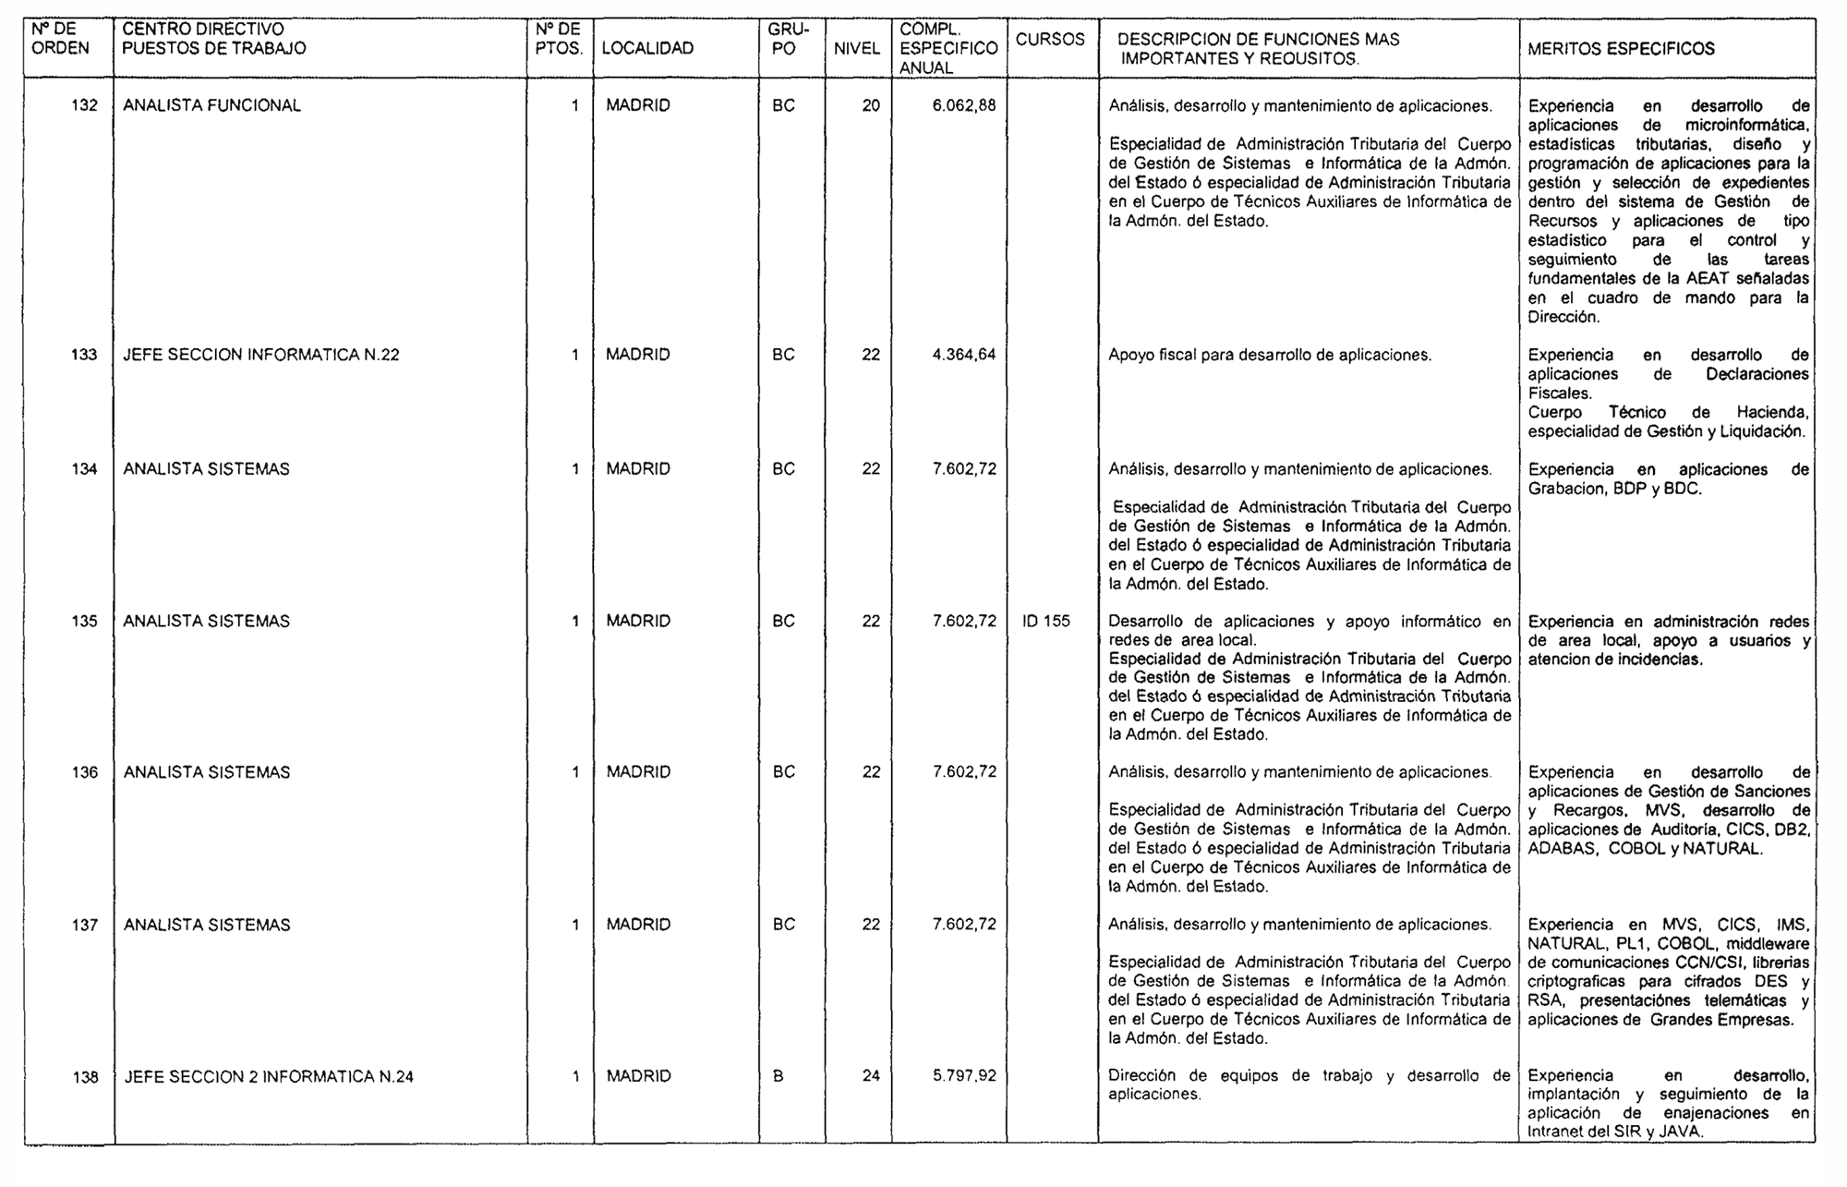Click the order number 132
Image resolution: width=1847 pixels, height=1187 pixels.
click(84, 105)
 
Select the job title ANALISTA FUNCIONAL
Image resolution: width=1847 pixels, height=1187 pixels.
click(211, 105)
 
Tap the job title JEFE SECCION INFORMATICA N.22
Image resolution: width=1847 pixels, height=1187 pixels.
click(260, 355)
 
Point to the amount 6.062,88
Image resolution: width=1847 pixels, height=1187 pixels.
click(964, 105)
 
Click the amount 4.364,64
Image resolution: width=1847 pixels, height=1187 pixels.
click(964, 355)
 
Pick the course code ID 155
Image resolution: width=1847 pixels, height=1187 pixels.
click(1046, 621)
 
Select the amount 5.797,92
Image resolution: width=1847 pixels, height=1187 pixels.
click(964, 1076)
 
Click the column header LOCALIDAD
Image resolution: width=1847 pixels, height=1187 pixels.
click(647, 49)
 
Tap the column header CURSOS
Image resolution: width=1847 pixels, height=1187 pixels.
click(1050, 40)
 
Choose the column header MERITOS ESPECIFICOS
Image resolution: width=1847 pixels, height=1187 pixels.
click(1621, 49)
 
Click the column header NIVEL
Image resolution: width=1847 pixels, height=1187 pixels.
click(857, 49)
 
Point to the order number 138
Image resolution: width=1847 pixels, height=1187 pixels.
click(85, 1077)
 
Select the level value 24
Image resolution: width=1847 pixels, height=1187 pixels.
click(871, 1076)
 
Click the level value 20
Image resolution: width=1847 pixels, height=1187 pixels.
click(871, 105)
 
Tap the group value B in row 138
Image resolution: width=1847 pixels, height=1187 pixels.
click(778, 1076)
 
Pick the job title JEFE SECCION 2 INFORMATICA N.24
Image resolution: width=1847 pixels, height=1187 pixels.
click(269, 1076)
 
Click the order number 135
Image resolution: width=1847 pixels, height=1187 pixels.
click(84, 621)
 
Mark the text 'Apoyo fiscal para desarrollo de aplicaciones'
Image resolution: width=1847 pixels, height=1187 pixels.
click(1270, 355)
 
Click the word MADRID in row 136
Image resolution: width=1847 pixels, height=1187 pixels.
click(638, 772)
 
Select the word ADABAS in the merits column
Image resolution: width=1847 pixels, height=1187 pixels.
click(1562, 849)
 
